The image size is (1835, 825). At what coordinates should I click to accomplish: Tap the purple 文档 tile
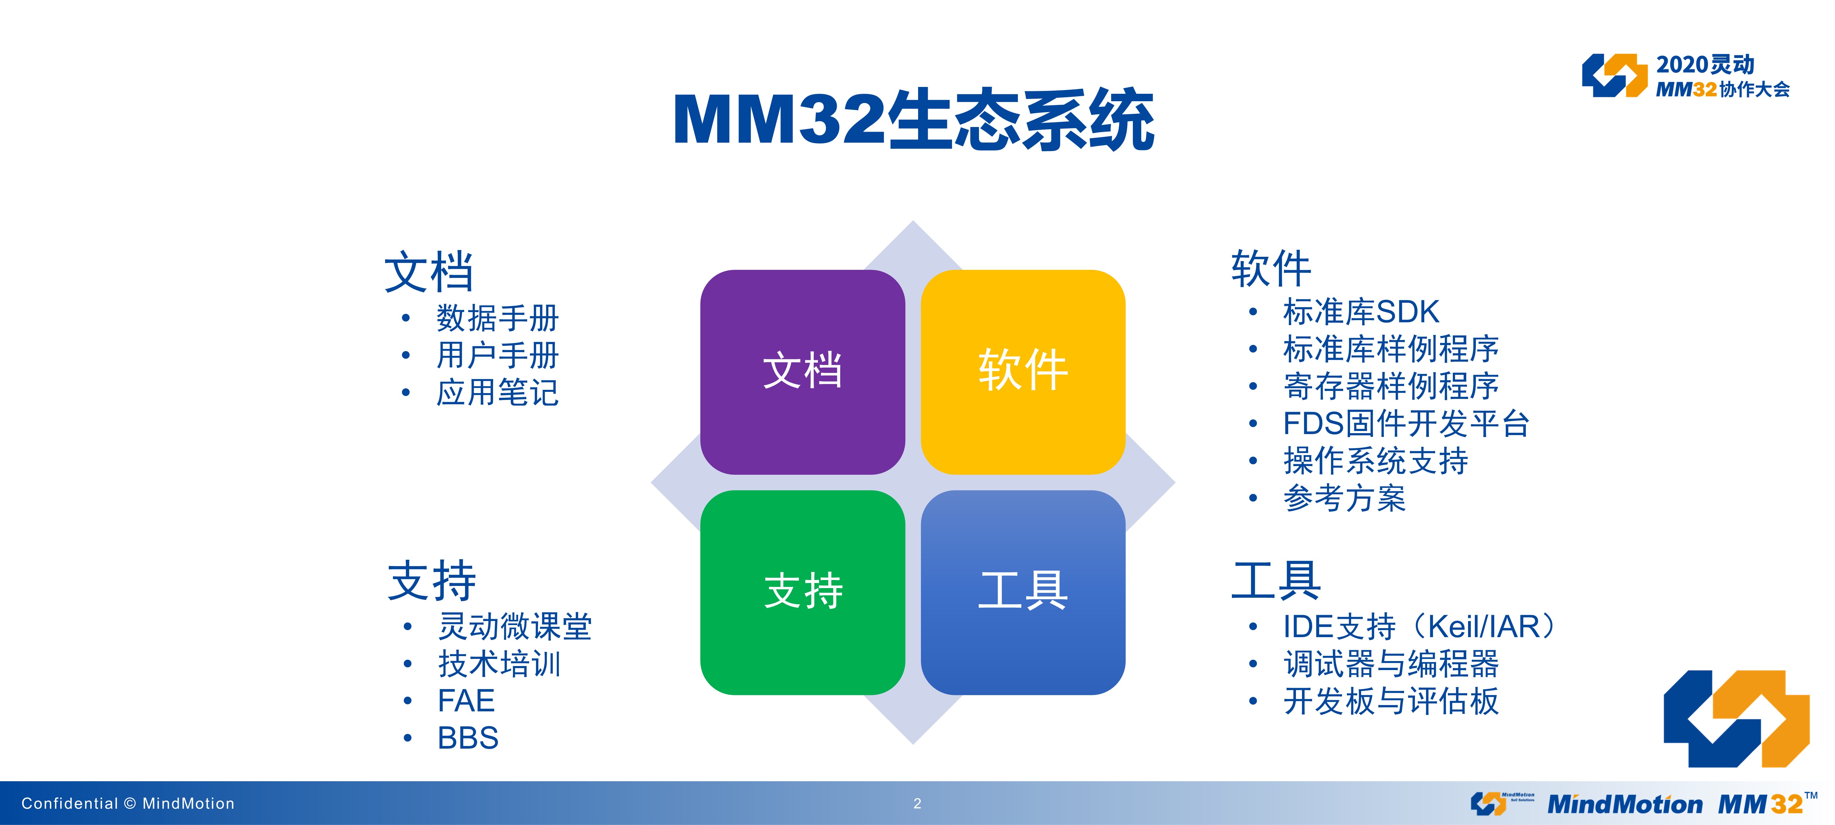click(803, 372)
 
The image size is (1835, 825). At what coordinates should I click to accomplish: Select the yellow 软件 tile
click(1023, 372)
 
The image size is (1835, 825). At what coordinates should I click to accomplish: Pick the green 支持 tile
click(803, 592)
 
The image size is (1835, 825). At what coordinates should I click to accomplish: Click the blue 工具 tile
click(1023, 592)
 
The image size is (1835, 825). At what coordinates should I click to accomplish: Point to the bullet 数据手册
click(497, 317)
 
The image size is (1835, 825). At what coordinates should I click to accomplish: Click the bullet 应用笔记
click(497, 392)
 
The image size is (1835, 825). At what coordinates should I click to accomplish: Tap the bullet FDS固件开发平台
click(1406, 424)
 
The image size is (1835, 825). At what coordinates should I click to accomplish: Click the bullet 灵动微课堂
click(514, 626)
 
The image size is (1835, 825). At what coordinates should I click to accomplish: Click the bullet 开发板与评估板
click(1390, 701)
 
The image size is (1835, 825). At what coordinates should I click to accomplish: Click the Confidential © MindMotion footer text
click(128, 804)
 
